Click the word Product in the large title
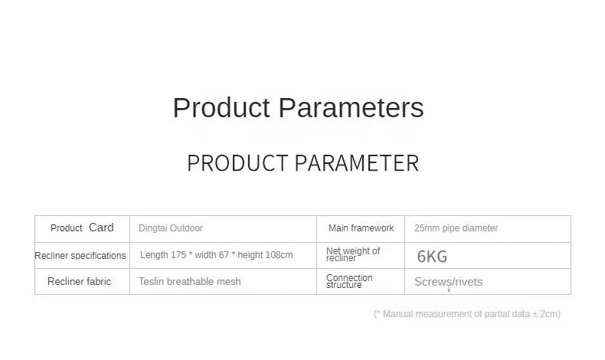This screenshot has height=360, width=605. [221, 108]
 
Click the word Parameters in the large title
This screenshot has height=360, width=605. [351, 108]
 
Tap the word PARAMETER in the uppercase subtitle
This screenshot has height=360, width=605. [357, 163]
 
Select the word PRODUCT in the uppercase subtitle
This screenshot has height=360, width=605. [237, 163]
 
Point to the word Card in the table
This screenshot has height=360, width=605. [101, 227]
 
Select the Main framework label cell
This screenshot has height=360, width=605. [361, 228]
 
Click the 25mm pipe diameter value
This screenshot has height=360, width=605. [456, 228]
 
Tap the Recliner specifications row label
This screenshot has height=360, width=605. [80, 255]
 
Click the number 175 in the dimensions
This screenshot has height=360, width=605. [178, 254]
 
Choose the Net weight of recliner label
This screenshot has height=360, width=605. [353, 254]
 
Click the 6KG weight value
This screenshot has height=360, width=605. [432, 257]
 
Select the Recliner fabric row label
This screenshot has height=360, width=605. [79, 281]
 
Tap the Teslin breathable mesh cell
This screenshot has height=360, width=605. [189, 281]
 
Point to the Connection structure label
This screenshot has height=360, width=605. [349, 281]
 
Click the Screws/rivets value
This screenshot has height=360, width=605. [448, 282]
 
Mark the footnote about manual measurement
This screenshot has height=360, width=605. [467, 314]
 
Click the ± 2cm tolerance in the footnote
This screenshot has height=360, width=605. [545, 314]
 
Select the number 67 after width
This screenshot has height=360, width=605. [224, 254]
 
